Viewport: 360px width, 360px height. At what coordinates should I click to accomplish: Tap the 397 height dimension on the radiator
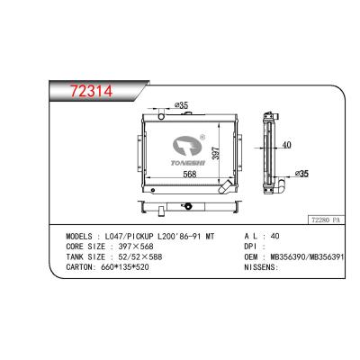(x=212, y=155)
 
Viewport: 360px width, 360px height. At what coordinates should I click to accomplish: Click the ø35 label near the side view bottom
(x=302, y=173)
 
